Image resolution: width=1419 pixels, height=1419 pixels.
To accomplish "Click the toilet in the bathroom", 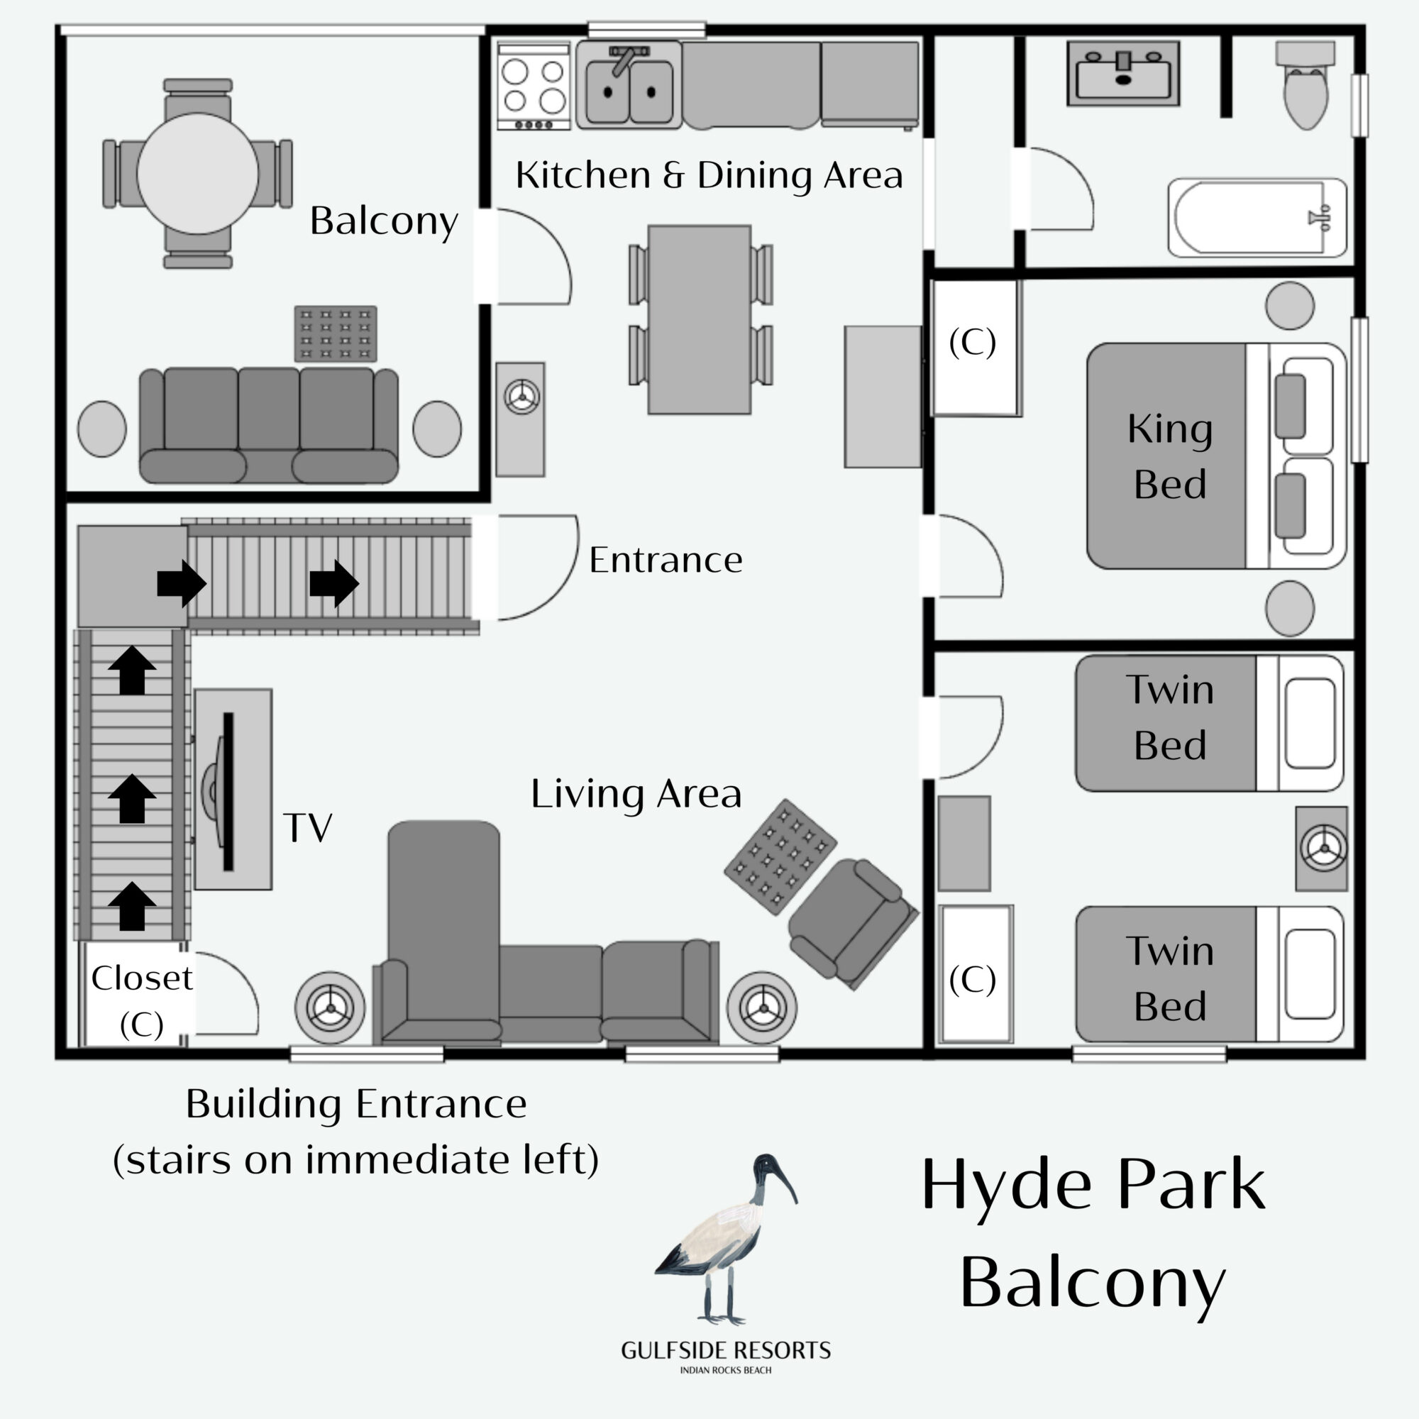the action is coord(1305,84).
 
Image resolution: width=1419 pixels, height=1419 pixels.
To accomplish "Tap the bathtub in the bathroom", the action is coord(1257,217).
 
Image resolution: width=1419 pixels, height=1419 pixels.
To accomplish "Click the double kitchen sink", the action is coord(629,85).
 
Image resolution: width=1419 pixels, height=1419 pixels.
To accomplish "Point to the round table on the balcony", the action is coord(197,173).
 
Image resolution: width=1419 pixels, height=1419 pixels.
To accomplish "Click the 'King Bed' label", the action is coord(1169,456).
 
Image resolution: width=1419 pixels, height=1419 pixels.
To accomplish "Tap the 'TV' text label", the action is coord(308,828).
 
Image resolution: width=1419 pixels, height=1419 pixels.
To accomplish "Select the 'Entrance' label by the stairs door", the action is coord(666,561).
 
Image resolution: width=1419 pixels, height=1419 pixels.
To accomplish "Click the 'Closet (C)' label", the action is coord(142,1001).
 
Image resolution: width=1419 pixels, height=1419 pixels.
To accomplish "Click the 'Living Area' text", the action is coord(636,794).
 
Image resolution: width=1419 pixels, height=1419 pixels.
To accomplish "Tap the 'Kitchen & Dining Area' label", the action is coord(709,175).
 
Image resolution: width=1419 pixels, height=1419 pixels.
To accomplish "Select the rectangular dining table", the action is coord(700,319).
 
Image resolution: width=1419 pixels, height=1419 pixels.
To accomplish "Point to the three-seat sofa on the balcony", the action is coord(269,425).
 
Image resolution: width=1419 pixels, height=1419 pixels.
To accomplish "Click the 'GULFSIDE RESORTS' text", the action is coord(726,1351).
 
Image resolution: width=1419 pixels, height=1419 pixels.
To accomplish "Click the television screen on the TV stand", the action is coord(227,791).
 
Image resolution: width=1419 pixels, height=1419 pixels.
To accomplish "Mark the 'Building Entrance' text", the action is coord(356,1104).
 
